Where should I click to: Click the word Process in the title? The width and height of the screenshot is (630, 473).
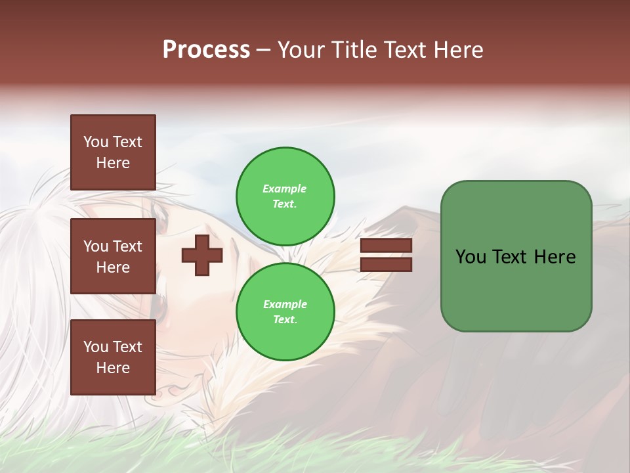click(x=206, y=50)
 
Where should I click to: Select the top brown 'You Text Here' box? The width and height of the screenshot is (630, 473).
click(x=113, y=152)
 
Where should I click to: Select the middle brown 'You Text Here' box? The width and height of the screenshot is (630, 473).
click(x=113, y=256)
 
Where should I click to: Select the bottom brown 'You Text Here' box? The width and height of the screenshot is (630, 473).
click(x=113, y=357)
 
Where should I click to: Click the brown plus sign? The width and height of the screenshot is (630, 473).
click(x=201, y=255)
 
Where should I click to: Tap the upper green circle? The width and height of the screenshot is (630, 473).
click(x=285, y=196)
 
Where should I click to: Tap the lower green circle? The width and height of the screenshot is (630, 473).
click(x=285, y=312)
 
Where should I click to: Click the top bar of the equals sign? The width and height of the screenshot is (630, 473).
click(x=386, y=245)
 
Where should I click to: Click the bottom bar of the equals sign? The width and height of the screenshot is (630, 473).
click(x=386, y=264)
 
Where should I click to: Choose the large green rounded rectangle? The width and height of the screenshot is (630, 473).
click(x=516, y=256)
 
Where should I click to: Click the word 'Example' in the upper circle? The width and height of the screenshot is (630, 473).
click(x=285, y=189)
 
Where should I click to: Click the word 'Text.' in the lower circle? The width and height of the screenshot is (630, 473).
click(x=285, y=320)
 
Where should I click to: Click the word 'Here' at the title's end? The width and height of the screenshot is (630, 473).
click(x=459, y=50)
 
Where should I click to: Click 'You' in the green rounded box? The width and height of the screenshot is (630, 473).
click(x=471, y=257)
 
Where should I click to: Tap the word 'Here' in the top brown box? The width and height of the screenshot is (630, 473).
click(x=113, y=163)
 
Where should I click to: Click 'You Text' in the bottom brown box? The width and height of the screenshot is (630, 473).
click(x=113, y=346)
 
